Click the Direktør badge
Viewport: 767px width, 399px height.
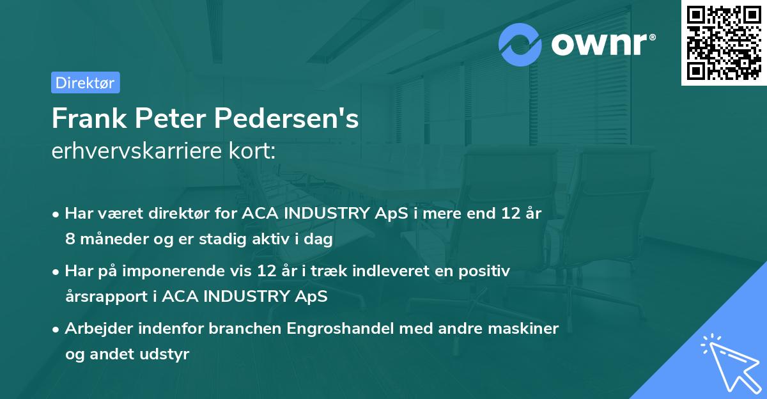(85, 82)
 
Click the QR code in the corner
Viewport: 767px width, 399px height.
(724, 43)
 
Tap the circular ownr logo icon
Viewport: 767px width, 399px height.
(520, 44)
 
